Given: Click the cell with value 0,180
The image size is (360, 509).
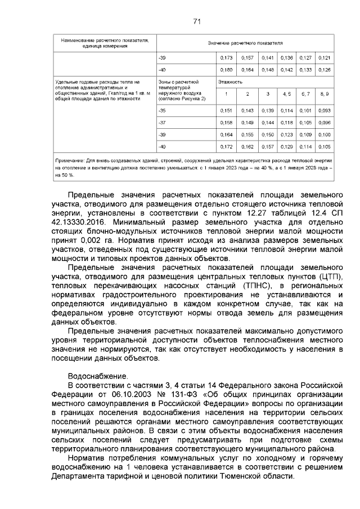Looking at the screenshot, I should pyautogui.click(x=226, y=70).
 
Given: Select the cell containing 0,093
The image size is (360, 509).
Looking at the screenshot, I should pyautogui.click(x=324, y=110).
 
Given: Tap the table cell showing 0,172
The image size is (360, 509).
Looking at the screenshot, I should pyautogui.click(x=226, y=147).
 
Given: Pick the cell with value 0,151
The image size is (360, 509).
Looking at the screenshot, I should pyautogui.click(x=226, y=110).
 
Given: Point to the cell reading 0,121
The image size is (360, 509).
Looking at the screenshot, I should pyautogui.click(x=324, y=57).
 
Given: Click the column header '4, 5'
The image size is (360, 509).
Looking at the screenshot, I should pyautogui.click(x=287, y=93).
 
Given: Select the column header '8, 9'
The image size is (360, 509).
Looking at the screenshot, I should pyautogui.click(x=324, y=93).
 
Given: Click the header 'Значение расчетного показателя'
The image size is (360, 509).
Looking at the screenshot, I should pyautogui.click(x=245, y=43).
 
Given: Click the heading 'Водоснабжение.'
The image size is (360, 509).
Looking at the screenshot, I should pyautogui.click(x=97, y=375).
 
